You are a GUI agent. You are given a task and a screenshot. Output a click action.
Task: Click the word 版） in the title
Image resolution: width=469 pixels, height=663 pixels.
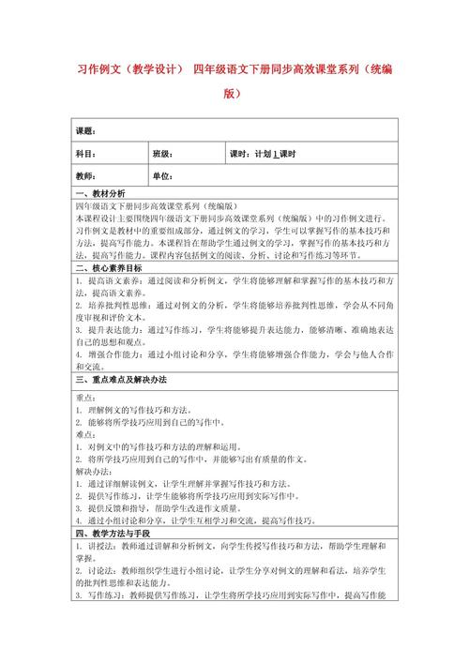coord(234,94)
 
